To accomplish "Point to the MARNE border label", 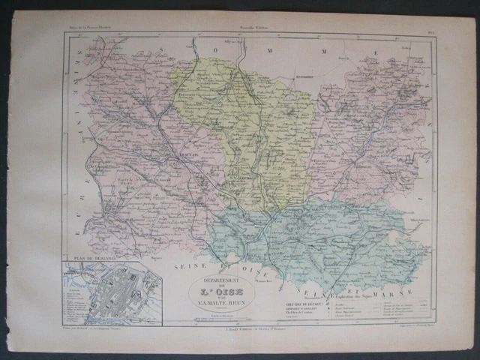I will pyautogui.click(x=403, y=283).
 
